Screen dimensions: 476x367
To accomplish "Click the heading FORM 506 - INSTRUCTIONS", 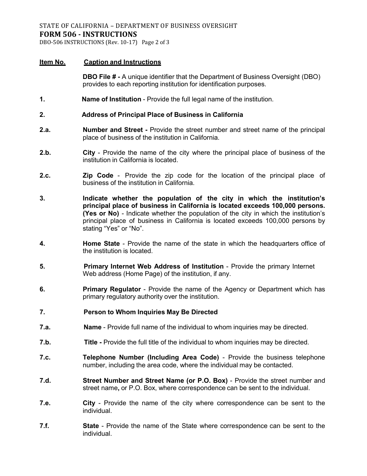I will point(88,34).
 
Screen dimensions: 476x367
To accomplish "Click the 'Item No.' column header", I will point(53,62).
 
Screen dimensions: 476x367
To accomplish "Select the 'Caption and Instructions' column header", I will point(122,62).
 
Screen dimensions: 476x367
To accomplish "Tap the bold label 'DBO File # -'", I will point(102,77).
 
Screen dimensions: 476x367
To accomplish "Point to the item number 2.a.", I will point(45,130).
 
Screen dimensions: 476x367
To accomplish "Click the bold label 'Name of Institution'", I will point(112,99).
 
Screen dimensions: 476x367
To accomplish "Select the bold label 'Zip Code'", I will point(98,175).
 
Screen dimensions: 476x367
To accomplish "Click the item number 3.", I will point(42,198).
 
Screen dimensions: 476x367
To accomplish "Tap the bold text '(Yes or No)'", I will point(100,213).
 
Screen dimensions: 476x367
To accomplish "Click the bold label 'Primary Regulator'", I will point(112,289).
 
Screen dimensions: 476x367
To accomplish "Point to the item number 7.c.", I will point(45,357).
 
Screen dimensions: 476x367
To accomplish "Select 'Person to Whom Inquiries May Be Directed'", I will point(151,312).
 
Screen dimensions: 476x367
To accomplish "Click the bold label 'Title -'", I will point(93,342).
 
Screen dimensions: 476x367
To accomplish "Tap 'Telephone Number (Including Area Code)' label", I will point(151,357).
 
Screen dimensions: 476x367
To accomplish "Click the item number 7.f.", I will point(44,426).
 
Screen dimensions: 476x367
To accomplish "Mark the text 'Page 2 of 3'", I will point(156,43).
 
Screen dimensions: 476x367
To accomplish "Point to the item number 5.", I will point(42,266).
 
